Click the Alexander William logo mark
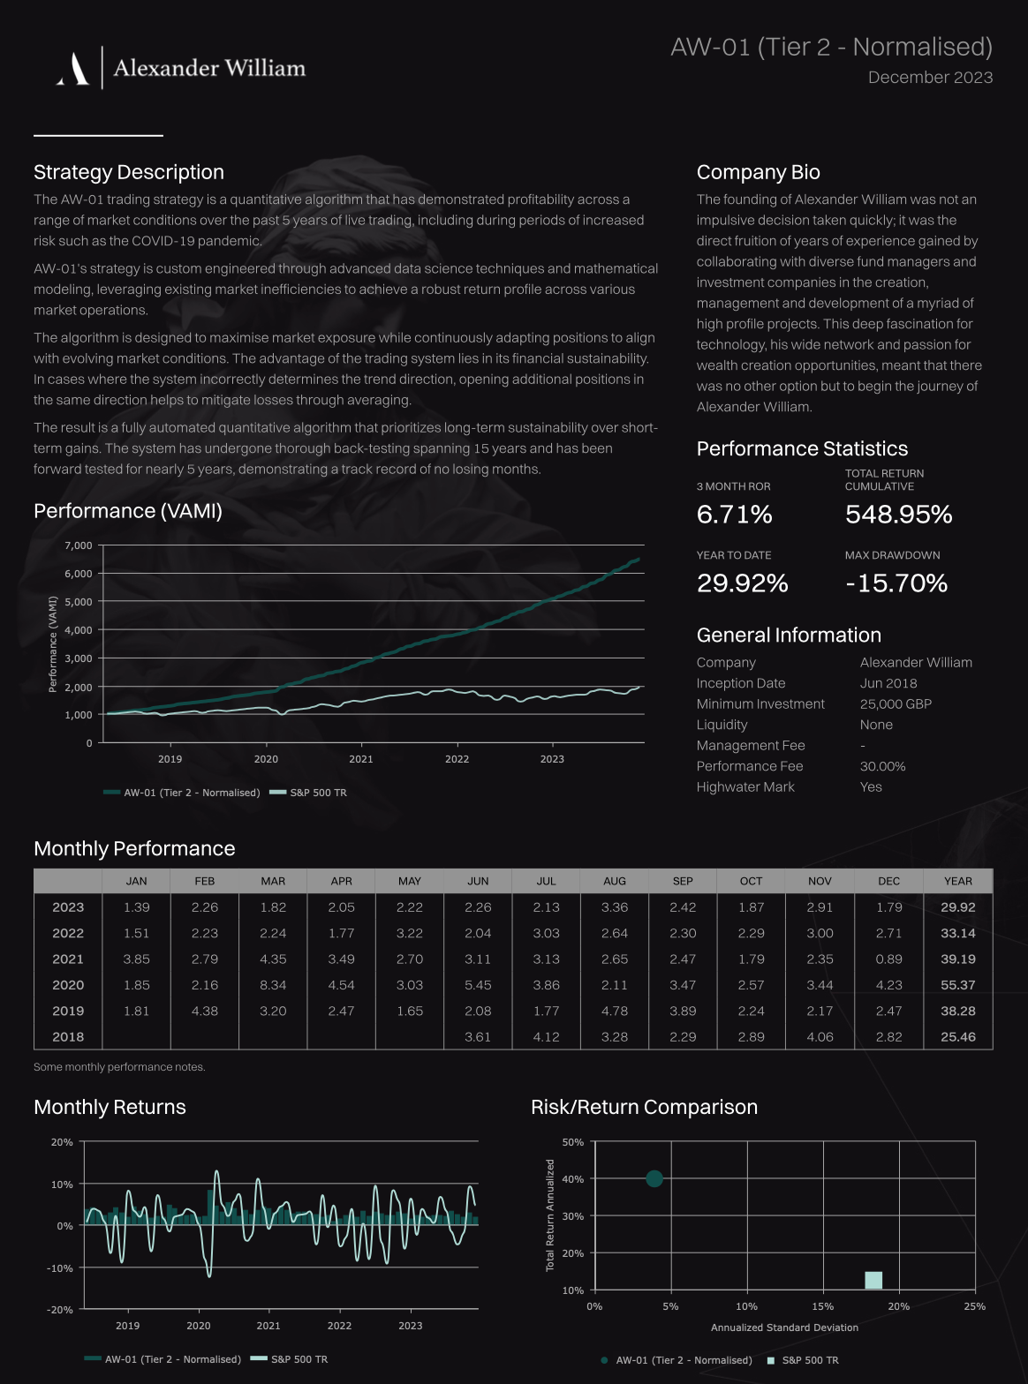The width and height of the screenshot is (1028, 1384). (x=73, y=69)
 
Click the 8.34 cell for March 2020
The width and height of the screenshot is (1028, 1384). (x=273, y=985)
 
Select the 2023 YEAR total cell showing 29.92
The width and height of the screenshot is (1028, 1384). (x=957, y=907)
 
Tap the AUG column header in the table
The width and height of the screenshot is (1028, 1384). (x=615, y=881)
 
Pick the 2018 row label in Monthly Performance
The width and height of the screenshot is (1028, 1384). (x=68, y=1037)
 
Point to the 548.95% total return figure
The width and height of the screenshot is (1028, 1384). (x=898, y=514)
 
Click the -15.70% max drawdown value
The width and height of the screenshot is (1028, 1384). (x=896, y=583)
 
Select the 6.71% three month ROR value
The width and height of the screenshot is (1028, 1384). (x=734, y=514)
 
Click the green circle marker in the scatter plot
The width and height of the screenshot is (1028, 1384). (x=654, y=1178)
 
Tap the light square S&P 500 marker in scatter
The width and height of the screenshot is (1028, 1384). (x=873, y=1280)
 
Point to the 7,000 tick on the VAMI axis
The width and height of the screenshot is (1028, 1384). (x=78, y=545)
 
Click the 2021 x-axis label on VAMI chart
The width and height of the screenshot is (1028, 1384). (x=361, y=759)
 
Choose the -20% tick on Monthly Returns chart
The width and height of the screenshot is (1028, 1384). (x=62, y=1310)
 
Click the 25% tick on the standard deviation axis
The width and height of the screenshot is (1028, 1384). (x=975, y=1306)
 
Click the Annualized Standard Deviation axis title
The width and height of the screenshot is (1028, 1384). (x=784, y=1328)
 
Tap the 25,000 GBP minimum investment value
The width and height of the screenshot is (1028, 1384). (x=896, y=703)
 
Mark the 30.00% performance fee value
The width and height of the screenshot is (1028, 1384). (x=882, y=766)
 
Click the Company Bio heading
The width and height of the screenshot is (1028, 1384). (x=758, y=172)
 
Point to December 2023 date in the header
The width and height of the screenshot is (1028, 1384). (x=930, y=78)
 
